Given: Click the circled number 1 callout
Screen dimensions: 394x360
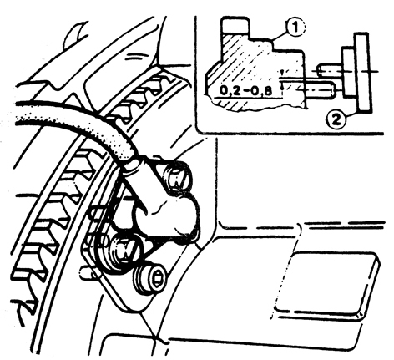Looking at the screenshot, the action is [295, 28].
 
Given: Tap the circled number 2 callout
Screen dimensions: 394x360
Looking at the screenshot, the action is [336, 120].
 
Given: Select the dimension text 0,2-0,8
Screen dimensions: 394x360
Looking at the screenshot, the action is [245, 91].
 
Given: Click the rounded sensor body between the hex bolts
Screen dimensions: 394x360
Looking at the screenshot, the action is [164, 215].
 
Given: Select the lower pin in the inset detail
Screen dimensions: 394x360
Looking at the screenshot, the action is [321, 89].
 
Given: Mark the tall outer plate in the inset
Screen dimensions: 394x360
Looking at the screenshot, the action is [363, 73].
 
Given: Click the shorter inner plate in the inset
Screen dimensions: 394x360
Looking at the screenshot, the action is [349, 73].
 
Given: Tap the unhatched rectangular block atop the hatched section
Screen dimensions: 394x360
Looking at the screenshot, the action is [235, 26].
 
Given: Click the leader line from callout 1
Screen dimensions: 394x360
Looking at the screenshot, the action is [280, 37].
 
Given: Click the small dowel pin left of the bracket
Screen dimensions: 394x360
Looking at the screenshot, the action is [87, 273].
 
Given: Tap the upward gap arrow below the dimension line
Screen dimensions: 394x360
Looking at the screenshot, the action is [282, 87].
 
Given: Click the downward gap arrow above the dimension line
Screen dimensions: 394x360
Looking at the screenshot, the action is [282, 73].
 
